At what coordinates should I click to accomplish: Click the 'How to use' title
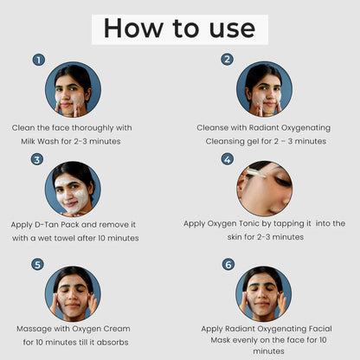179,29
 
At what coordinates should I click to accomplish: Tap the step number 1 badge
39,60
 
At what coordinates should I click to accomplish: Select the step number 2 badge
227,60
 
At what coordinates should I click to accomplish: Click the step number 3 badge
37,159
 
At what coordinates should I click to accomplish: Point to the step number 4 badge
228,159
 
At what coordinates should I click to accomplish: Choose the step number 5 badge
37,265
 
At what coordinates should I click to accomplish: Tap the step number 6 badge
228,264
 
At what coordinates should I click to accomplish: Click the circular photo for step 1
73,89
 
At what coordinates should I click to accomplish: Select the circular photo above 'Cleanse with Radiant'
264,89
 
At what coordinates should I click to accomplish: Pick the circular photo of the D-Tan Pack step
73,189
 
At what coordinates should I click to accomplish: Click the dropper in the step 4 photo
256,174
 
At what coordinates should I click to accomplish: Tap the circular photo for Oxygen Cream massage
73,293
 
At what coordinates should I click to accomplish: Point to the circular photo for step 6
264,293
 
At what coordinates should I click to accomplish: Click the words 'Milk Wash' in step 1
39,141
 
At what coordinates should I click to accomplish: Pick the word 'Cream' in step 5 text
117,329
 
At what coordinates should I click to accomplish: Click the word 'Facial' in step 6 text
320,329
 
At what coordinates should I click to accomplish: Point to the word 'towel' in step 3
65,238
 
